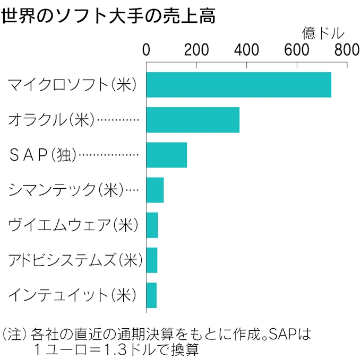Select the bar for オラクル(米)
(193, 120)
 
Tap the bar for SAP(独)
(166, 155)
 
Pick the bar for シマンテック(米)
(154, 190)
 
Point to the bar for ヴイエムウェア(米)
(152, 225)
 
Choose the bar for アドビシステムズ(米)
(151, 260)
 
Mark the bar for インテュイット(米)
(151, 295)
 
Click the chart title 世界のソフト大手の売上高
(109, 16)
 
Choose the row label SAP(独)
(43, 155)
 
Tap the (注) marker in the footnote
(14, 335)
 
